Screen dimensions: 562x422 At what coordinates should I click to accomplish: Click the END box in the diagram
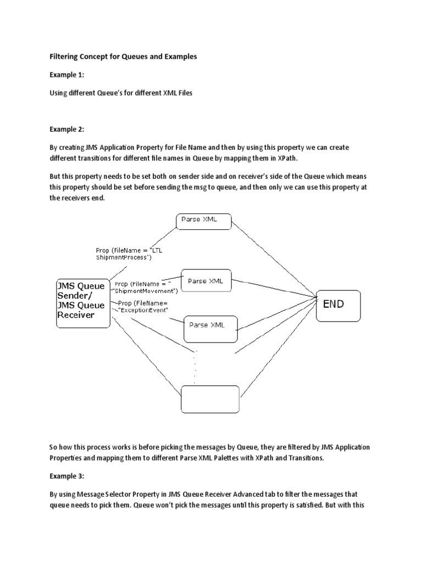click(x=338, y=305)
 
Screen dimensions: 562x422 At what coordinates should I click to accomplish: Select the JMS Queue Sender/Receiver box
click(x=83, y=304)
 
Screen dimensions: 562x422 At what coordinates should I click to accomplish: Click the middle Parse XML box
click(x=206, y=282)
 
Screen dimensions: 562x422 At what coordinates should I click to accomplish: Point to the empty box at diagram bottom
click(x=210, y=399)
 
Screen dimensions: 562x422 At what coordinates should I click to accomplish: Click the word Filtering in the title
click(x=64, y=57)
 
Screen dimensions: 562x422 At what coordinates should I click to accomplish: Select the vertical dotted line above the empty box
click(x=195, y=367)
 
